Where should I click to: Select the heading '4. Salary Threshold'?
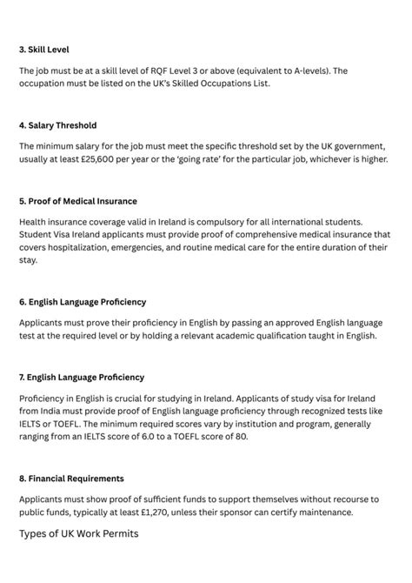[x=57, y=125]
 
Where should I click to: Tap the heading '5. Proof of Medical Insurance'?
[x=77, y=201]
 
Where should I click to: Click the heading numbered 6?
[x=82, y=301]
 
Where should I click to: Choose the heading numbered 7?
[x=82, y=377]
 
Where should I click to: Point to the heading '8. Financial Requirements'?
[x=71, y=478]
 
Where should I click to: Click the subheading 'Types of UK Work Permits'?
[x=78, y=533]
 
